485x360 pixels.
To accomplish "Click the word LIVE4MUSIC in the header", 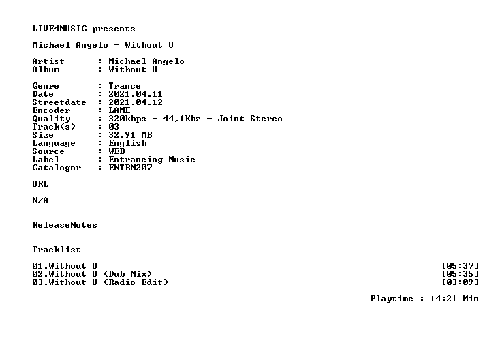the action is point(60,29).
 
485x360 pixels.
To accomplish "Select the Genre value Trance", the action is point(125,86).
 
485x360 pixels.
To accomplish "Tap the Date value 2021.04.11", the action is point(135,94).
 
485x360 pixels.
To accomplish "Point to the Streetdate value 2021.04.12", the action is point(135,102).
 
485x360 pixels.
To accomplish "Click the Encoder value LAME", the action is point(119,110).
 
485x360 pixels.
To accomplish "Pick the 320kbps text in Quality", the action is point(127,119).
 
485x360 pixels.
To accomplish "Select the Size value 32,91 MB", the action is point(130,135).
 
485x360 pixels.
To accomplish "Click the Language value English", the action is point(127,143).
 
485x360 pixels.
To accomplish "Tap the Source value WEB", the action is point(116,151).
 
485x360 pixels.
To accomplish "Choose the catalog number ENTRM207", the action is point(130,168).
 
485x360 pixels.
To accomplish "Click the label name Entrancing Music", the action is point(151,160).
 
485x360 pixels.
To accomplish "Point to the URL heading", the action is point(40,184).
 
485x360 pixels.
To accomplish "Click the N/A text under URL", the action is point(40,200).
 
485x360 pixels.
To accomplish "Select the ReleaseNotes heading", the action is point(65,225).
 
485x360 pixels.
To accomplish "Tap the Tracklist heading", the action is point(57,249).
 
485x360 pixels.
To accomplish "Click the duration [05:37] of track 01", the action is point(460,266).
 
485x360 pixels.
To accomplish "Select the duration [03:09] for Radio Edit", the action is point(460,282).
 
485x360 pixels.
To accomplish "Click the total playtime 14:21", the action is point(443,299).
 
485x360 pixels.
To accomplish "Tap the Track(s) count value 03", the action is point(114,127).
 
